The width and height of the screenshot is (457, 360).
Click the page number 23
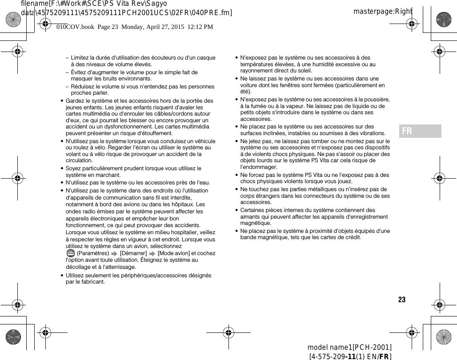[402, 300]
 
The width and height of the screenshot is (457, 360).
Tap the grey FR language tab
[420, 131]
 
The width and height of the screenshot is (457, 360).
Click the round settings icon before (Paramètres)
[70, 253]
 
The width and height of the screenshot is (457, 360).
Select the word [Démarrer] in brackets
[133, 253]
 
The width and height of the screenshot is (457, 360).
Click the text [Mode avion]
[173, 253]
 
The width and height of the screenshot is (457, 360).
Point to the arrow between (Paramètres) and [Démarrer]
[114, 254]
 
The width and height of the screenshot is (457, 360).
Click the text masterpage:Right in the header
[383, 11]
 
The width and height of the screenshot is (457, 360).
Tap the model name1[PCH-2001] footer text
[349, 347]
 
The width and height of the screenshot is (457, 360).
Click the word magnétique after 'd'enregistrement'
[256, 223]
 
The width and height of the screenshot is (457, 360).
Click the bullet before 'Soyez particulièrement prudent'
[62, 168]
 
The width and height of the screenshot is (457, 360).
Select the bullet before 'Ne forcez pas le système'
[237, 175]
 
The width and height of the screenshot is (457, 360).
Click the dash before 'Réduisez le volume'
[67, 87]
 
